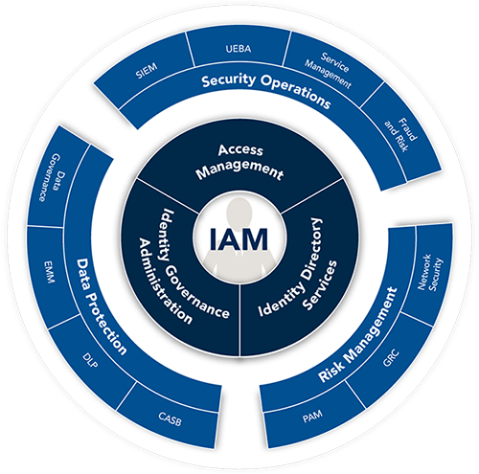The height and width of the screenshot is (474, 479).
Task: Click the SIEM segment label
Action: point(147,71)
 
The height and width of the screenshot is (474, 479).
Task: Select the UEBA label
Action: point(239,49)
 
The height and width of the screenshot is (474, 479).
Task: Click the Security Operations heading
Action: point(266,91)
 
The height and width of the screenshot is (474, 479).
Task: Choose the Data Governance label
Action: point(53,178)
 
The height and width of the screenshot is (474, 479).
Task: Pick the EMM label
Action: point(49,272)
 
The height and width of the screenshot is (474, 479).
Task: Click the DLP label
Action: point(90,360)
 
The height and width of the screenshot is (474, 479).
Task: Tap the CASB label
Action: point(170,419)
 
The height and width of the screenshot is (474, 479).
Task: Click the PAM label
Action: point(312,417)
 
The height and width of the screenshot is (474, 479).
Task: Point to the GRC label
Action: point(391,358)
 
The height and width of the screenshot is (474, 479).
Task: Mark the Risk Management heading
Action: point(358,334)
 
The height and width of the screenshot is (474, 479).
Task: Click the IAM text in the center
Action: point(239,238)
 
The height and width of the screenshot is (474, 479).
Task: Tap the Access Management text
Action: point(239,162)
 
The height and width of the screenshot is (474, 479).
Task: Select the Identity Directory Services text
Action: point(297,267)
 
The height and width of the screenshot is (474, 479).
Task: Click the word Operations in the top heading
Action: point(296,93)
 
